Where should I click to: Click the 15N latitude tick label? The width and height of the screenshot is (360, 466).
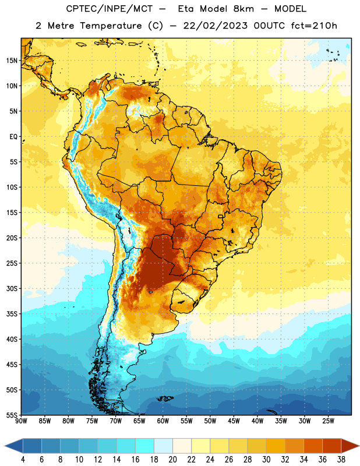[x=12, y=61]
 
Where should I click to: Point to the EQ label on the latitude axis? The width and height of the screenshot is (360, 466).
[x=13, y=137]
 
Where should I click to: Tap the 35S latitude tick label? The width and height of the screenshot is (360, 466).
[x=12, y=314]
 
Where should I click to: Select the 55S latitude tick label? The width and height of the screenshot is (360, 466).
[x=12, y=415]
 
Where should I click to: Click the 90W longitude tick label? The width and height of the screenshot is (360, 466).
[x=21, y=421]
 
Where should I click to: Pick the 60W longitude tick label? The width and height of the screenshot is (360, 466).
[x=163, y=421]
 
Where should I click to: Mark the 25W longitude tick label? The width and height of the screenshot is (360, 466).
[x=328, y=421]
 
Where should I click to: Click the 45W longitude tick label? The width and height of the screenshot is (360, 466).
[x=234, y=421]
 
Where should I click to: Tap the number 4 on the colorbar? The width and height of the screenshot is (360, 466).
[x=23, y=460]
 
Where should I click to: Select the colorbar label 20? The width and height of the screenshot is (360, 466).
[x=172, y=460]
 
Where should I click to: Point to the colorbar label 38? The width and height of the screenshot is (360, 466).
[x=341, y=460]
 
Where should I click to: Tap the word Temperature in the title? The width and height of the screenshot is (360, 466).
[x=111, y=26]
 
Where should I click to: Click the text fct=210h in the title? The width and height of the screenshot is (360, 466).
[x=314, y=26]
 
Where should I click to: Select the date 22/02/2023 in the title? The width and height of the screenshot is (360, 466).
[x=215, y=26]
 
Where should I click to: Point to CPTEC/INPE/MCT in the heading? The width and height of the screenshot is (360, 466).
[x=110, y=9]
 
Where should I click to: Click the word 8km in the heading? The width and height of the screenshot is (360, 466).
[x=243, y=9]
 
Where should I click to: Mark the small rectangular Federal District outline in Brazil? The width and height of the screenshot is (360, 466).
[x=221, y=216]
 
